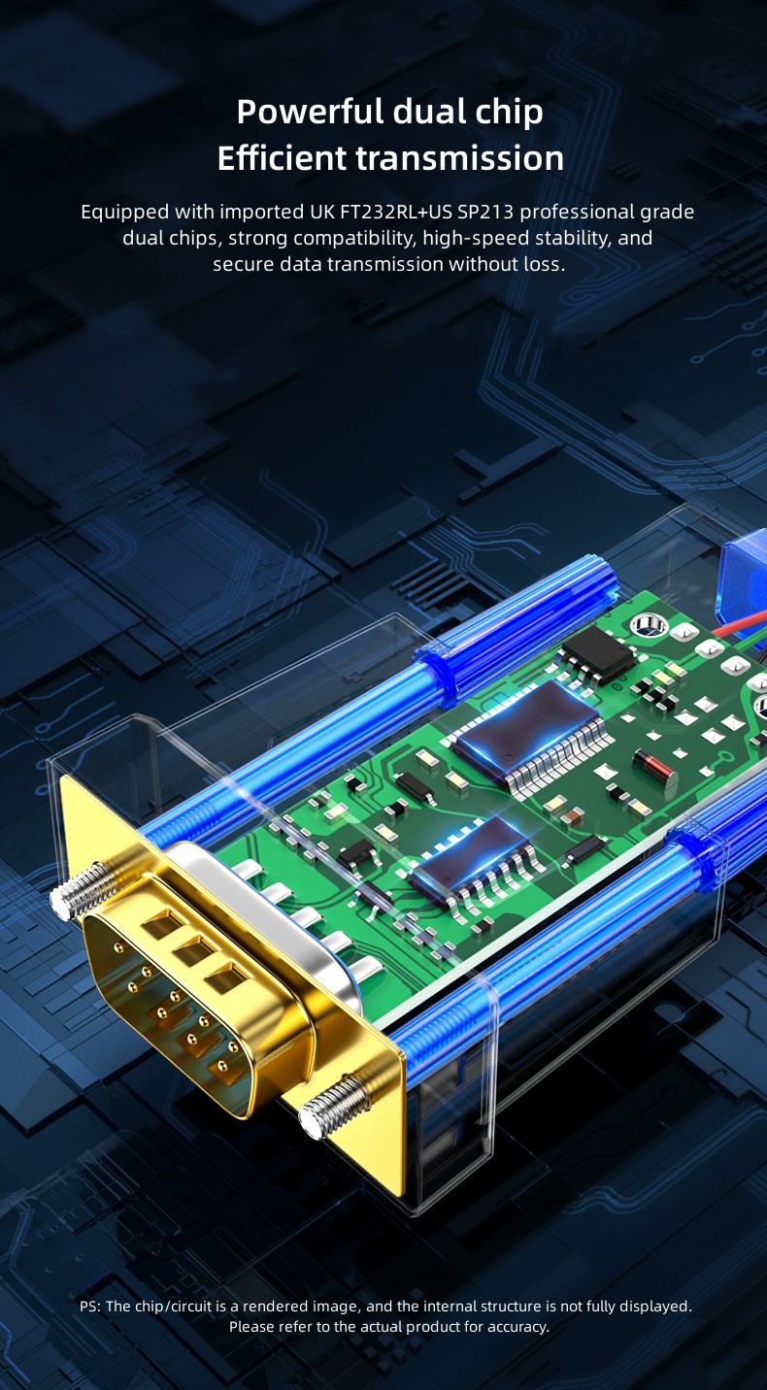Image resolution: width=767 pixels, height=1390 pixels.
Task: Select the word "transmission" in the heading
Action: coord(460,158)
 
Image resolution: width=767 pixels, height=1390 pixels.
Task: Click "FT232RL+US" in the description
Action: coord(396,212)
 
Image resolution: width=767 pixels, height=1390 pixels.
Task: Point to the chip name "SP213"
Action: coord(485,212)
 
